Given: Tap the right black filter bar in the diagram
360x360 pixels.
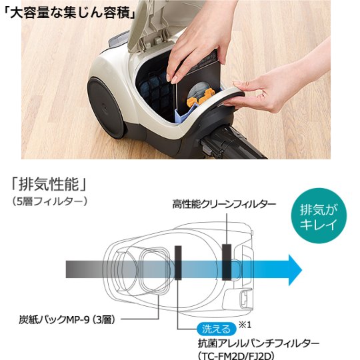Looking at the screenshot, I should click(227, 261).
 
